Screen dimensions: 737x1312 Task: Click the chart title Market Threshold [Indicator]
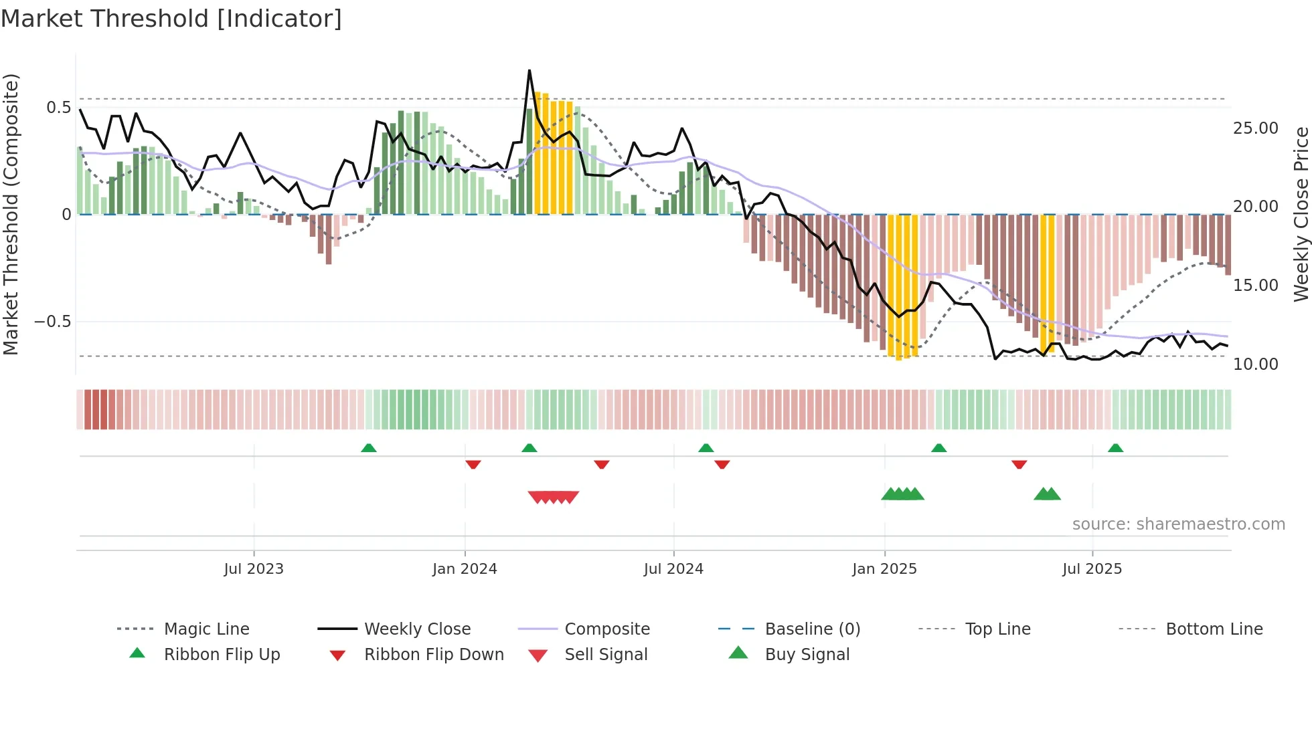point(171,19)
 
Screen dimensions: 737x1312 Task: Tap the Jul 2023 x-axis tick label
point(254,569)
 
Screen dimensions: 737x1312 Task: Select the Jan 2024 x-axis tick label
point(465,569)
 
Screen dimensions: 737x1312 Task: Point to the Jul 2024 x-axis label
point(673,569)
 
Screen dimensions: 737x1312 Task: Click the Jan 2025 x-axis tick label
point(884,569)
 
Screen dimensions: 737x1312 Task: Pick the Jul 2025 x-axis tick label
point(1092,569)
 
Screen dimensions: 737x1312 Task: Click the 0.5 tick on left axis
point(58,108)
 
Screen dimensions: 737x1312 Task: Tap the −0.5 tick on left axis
point(52,322)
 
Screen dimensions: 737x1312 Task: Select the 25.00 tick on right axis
point(1255,128)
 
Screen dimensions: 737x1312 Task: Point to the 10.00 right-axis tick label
point(1255,364)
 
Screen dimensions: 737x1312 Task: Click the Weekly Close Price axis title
point(1301,214)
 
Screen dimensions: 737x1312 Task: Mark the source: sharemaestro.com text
point(1178,524)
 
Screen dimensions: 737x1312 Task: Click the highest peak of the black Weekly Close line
point(529,70)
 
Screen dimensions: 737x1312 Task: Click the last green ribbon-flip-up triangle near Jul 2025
point(1115,448)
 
